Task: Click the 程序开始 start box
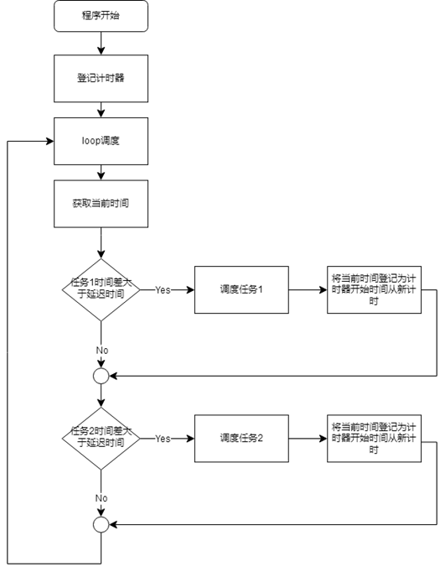pos(101,16)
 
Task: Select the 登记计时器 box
pos(101,78)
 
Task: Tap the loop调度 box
pos(101,141)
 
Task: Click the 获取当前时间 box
pos(101,203)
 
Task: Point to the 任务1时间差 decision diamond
pos(101,289)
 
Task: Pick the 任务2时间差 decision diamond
pos(101,438)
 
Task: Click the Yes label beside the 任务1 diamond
pos(163,290)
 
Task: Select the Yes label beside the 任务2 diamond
pos(163,439)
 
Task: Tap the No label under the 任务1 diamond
pos(101,351)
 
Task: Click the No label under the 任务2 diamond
pos(101,499)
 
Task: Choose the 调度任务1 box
pos(241,289)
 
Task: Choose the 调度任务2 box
pos(241,438)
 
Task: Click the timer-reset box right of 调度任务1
pos(374,289)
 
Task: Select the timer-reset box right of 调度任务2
pos(374,438)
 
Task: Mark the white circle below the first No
pos(101,377)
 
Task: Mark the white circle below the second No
pos(101,525)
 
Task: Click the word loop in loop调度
pos(91,141)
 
